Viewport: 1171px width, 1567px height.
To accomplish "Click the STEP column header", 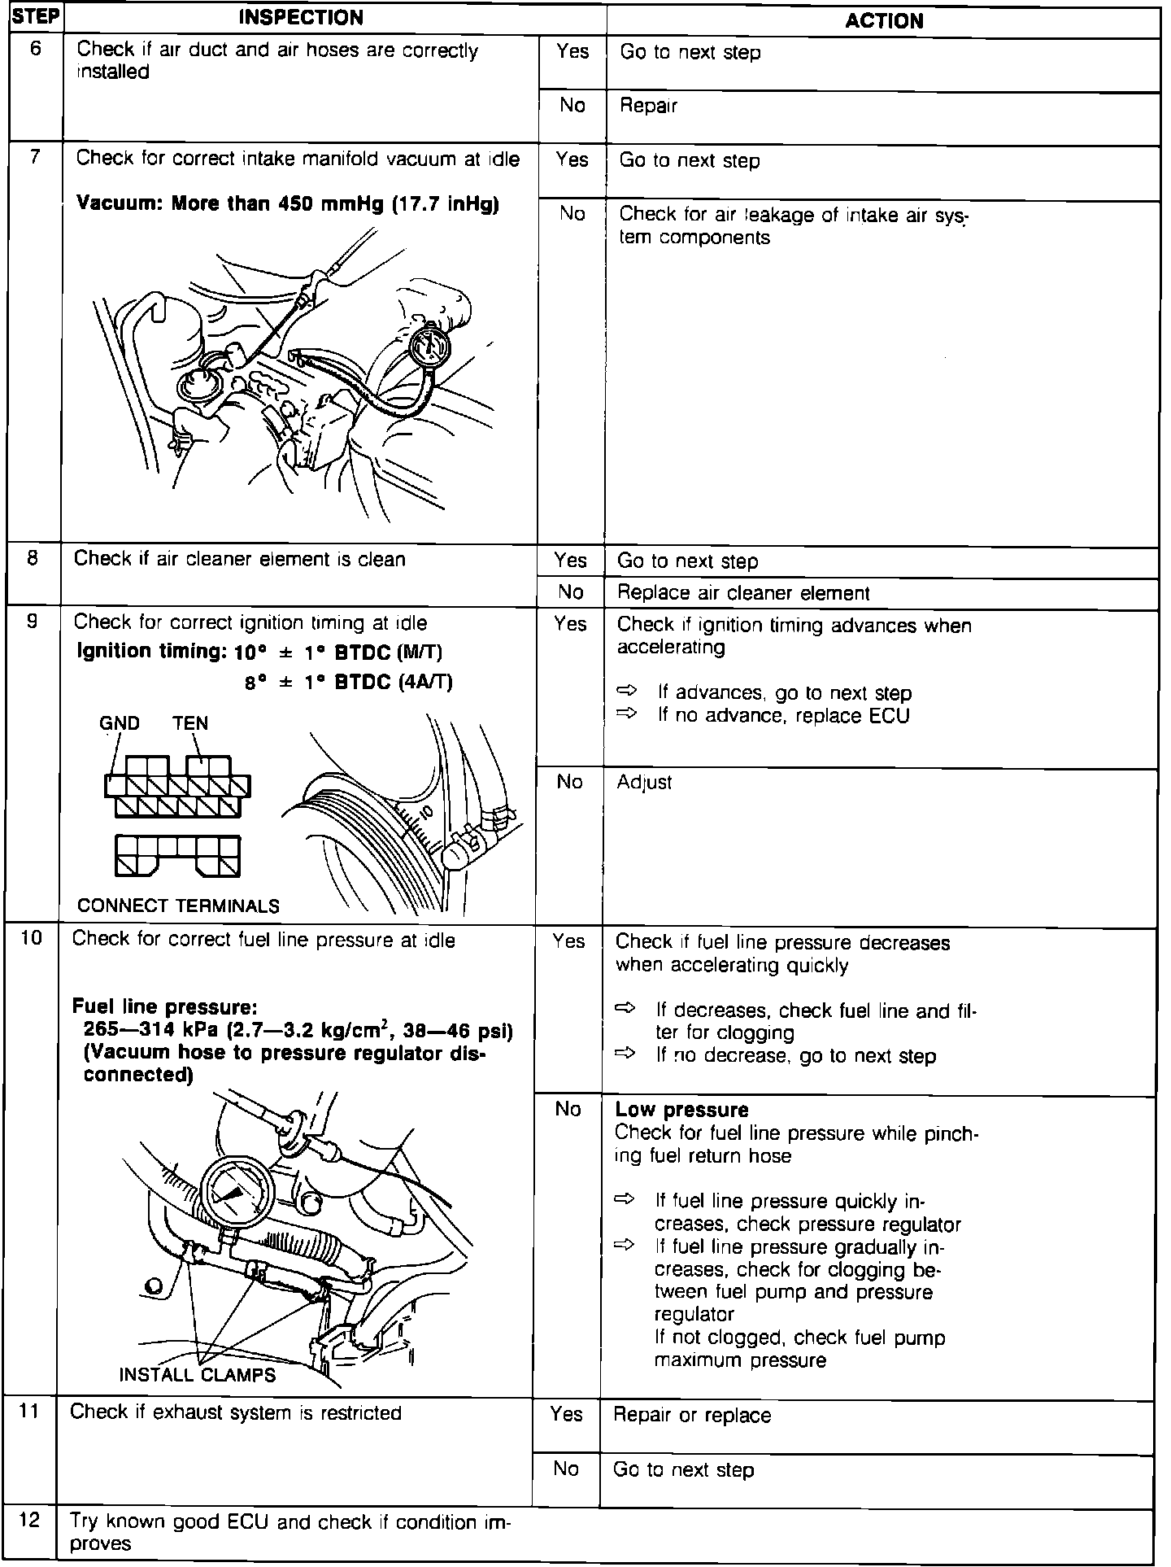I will pos(34,17).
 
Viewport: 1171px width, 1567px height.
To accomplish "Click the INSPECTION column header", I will pos(301,17).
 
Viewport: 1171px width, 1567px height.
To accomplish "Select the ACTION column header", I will pos(884,20).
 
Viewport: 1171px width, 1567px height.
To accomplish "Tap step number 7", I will pos(35,157).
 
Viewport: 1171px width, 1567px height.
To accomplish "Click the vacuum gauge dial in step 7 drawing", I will pos(429,347).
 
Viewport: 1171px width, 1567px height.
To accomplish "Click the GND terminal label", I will pos(120,723).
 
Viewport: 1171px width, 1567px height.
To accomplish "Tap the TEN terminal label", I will pos(190,723).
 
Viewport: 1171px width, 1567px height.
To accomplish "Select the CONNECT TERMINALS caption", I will pos(178,906).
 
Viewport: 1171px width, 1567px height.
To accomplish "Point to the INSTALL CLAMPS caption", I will pos(198,1375).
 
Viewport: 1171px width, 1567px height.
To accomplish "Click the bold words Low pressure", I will pos(681,1110).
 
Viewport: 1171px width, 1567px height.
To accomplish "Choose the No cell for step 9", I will pos(569,782).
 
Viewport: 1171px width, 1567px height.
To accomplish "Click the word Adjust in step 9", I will pos(644,783).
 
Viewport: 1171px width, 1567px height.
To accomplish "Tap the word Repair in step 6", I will pos(648,106).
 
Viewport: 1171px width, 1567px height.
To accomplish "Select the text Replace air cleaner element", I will pos(743,593).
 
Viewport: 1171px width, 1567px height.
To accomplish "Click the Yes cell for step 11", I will pos(566,1415).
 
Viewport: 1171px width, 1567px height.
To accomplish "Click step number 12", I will pos(29,1520).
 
